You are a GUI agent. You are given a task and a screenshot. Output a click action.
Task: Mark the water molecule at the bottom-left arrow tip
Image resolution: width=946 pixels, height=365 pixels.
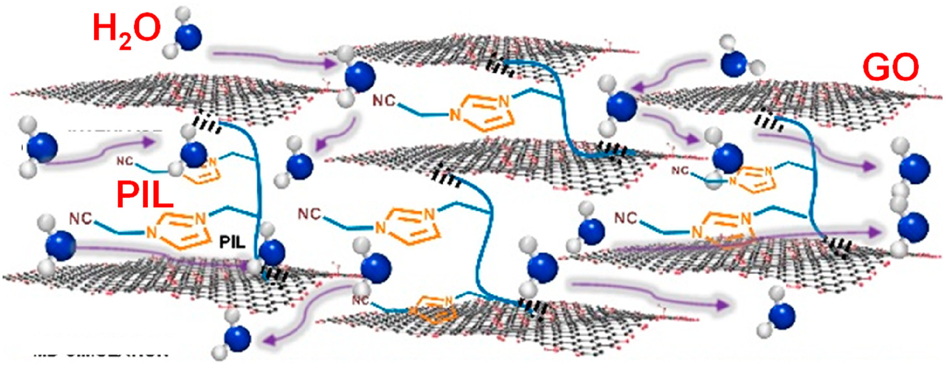click(x=239, y=337)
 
